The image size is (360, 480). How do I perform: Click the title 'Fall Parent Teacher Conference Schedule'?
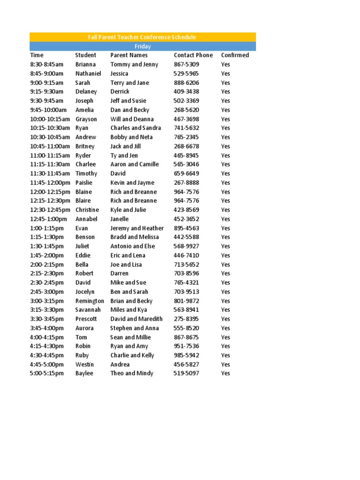point(142,37)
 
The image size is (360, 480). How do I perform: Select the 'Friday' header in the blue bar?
point(142,46)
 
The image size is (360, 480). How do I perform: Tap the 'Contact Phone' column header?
point(193,55)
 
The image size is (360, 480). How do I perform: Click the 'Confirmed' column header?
point(235,55)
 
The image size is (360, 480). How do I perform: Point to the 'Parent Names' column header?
point(129,55)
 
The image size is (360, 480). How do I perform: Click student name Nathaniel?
point(88,74)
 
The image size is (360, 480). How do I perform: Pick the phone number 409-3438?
point(186,92)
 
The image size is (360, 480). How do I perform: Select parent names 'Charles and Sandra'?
point(135,128)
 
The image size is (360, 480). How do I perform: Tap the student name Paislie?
point(84,183)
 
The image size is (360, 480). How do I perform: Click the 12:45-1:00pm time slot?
point(48,219)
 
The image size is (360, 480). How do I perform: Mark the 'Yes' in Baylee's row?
point(225,374)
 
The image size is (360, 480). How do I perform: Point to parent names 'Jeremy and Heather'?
point(137,228)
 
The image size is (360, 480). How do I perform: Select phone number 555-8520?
point(186,328)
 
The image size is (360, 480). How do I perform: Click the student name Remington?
point(90,301)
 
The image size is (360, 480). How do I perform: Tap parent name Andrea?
point(120,365)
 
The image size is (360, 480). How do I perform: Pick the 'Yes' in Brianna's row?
point(225,64)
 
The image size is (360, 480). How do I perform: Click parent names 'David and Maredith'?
point(136,319)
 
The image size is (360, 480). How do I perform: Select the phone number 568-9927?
point(186,246)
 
